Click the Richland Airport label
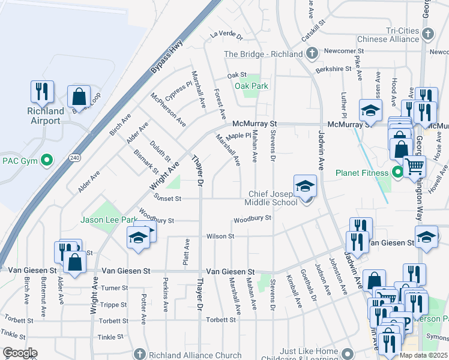click(46, 116)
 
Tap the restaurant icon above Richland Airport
click(42, 92)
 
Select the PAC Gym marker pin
click(47, 160)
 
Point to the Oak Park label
click(252, 86)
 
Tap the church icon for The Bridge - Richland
click(311, 54)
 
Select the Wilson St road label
click(220, 236)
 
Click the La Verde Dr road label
click(226, 36)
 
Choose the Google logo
click(20, 353)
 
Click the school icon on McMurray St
click(370, 110)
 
